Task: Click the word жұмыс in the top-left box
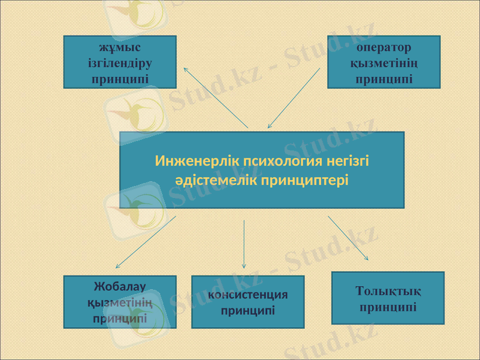pos(120,47)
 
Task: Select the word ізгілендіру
pos(120,62)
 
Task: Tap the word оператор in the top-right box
pos(383,47)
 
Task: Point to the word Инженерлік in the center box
pos(188,161)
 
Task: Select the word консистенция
pos(248,295)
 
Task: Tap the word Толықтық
pos(388,292)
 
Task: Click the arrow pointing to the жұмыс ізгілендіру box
pos(215,97)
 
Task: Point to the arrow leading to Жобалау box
pos(146,242)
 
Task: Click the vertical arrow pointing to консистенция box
pos(244,244)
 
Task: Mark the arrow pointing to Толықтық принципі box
pos(348,238)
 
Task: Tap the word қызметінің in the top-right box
pos(383,62)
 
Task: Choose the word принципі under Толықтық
pos(388,307)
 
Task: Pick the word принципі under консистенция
pos(248,311)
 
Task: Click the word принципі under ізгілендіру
pos(120,78)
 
